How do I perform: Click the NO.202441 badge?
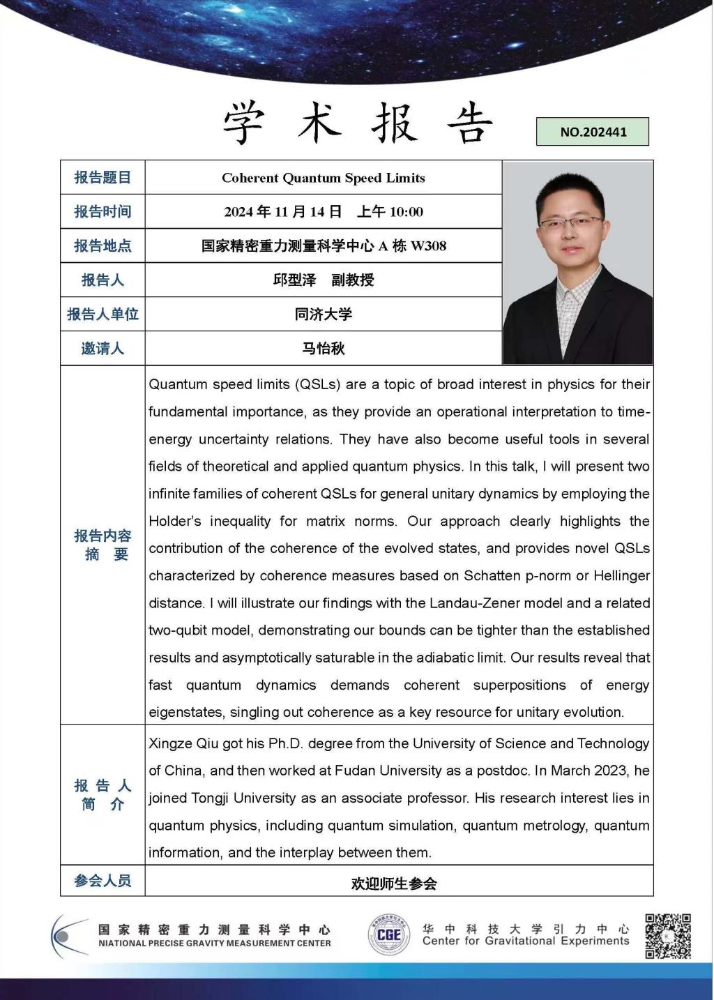pyautogui.click(x=593, y=132)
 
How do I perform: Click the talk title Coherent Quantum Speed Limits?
pyautogui.click(x=324, y=178)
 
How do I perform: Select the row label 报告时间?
pyautogui.click(x=102, y=211)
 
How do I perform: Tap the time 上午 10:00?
pyautogui.click(x=390, y=212)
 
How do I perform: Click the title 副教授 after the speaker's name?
pyautogui.click(x=353, y=280)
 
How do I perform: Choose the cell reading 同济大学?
pyautogui.click(x=324, y=315)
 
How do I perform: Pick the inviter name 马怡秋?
pyautogui.click(x=324, y=349)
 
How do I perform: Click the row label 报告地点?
pyautogui.click(x=102, y=246)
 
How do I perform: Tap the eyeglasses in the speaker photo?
pyautogui.click(x=570, y=223)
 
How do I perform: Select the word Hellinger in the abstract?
pyautogui.click(x=618, y=576)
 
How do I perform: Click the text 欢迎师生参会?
pyautogui.click(x=394, y=884)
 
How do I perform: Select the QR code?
pyautogui.click(x=667, y=935)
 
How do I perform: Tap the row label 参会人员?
pyautogui.click(x=102, y=881)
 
